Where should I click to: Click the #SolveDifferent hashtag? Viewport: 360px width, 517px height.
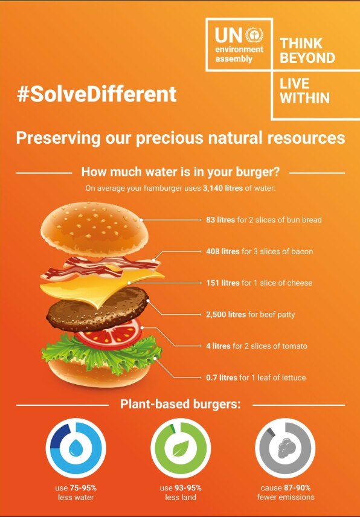point(97,94)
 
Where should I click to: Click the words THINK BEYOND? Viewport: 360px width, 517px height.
point(307,51)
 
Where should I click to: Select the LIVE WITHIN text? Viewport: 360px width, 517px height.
point(304,90)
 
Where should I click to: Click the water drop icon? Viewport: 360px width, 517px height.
point(76,448)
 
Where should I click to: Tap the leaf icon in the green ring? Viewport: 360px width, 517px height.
point(180,448)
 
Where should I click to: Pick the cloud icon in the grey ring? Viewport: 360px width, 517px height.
point(285,448)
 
